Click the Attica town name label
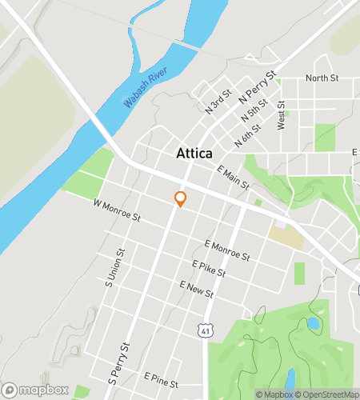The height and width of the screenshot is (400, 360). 194,154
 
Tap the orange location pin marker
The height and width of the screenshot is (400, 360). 181,198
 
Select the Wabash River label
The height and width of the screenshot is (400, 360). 150,87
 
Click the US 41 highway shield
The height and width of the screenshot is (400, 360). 206,328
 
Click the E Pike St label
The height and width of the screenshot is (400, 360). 209,268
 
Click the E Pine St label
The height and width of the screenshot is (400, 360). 161,375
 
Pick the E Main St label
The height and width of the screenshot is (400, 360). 234,176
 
